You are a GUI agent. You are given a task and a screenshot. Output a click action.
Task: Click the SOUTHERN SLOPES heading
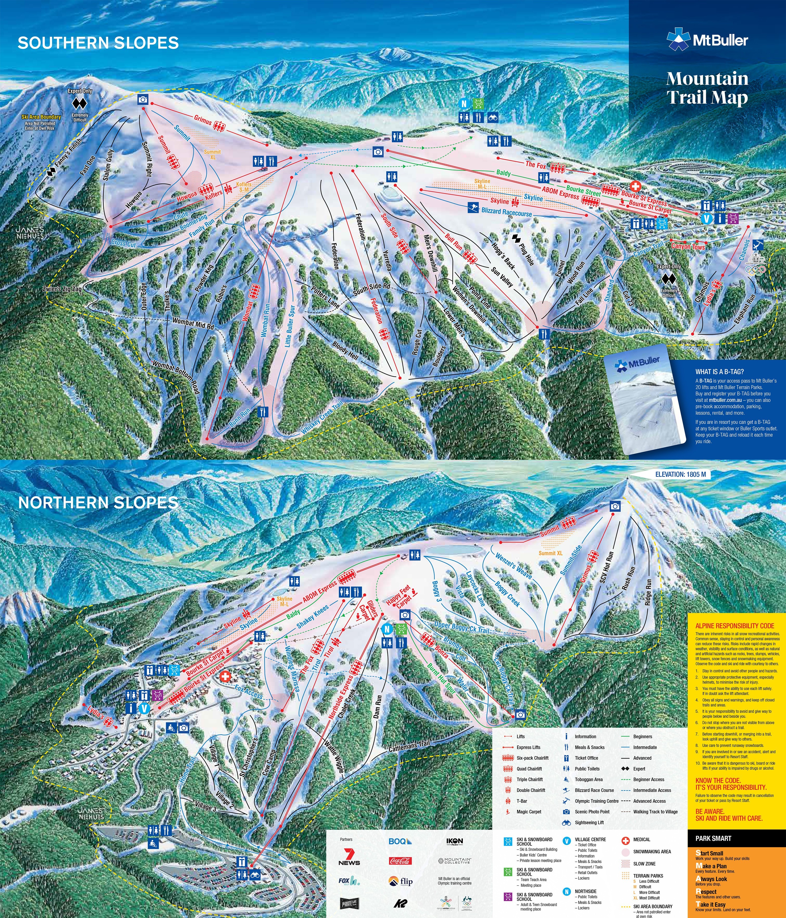pos(98,43)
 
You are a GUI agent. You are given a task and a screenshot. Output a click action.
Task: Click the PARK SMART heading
pos(713,838)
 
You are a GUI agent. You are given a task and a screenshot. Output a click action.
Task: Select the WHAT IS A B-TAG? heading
pos(720,372)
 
